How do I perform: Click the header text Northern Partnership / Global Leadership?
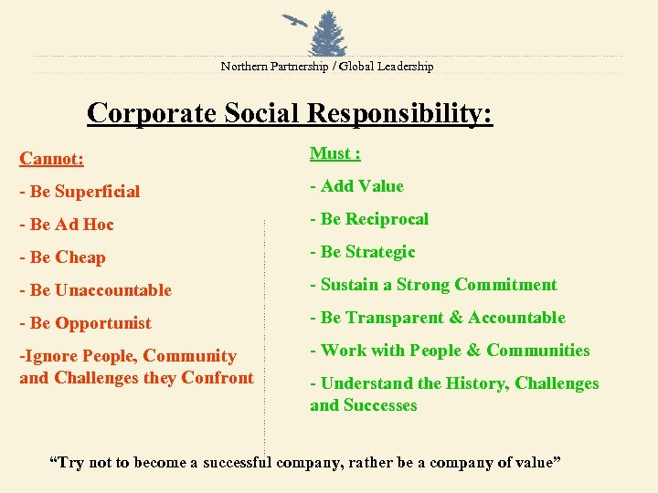tap(327, 67)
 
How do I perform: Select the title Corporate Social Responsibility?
tap(290, 113)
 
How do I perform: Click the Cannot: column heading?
tap(52, 159)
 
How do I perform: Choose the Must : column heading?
tap(335, 153)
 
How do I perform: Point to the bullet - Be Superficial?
tap(80, 192)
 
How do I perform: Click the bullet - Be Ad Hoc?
tap(67, 225)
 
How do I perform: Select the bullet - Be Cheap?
tap(62, 257)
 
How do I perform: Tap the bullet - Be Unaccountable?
tap(95, 290)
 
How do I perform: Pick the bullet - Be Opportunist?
tap(85, 323)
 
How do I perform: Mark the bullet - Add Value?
tap(356, 186)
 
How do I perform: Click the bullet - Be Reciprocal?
tap(369, 219)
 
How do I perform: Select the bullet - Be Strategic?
tap(363, 252)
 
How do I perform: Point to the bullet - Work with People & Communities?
tap(450, 351)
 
